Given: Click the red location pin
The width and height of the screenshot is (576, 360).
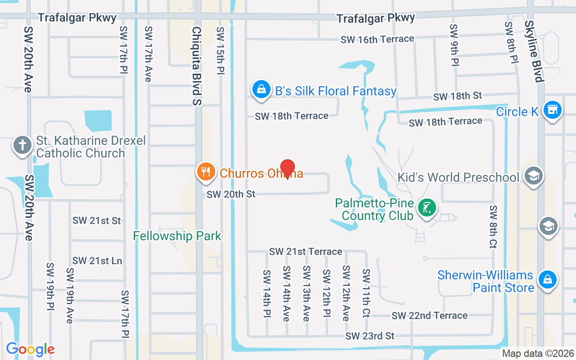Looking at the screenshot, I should pos(288,169).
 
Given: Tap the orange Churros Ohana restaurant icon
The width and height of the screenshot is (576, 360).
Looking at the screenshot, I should pos(206,172).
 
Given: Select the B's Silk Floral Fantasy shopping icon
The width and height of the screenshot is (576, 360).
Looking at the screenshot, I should pos(261,89).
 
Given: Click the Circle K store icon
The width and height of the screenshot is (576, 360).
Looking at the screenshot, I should pos(552,110).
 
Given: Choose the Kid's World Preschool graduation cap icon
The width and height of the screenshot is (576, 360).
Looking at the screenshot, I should pos(534,176).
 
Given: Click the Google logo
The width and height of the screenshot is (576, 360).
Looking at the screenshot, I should pos(30,349).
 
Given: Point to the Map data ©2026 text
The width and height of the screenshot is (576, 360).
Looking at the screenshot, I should pos(538,354).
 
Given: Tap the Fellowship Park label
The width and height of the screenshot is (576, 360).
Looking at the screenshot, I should pos(177,236).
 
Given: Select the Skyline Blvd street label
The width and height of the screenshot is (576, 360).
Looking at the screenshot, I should pos(534,51).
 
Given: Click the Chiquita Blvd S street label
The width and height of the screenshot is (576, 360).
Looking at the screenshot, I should pos(197,66).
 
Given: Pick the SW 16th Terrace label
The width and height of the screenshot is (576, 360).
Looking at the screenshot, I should pos(377,39).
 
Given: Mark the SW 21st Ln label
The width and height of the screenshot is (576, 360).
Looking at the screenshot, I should pos(97,261).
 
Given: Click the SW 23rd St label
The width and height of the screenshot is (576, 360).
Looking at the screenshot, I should pos(370,336).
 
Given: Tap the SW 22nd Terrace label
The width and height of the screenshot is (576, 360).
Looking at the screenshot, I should pos(429,316).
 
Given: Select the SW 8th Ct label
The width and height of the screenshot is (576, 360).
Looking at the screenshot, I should pos(494,227).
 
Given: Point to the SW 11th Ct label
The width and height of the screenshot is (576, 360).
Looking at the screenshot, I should pos(366,293).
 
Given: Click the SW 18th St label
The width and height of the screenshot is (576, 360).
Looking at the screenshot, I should pos(457,96).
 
